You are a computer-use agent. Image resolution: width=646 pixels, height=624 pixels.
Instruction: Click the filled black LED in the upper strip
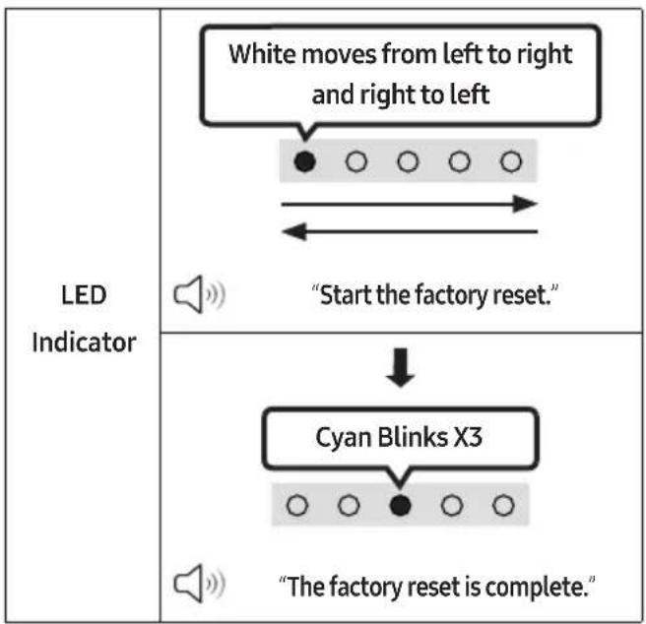click(x=305, y=161)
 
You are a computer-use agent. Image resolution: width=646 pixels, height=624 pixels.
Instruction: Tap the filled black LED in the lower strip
click(x=400, y=505)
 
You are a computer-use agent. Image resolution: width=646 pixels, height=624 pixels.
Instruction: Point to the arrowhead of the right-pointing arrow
click(x=525, y=204)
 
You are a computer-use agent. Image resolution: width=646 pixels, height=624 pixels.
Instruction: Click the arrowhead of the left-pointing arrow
click(x=294, y=231)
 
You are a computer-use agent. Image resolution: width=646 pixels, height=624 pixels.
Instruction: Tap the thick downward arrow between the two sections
click(x=401, y=367)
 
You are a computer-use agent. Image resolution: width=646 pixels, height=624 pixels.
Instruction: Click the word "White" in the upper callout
click(x=262, y=54)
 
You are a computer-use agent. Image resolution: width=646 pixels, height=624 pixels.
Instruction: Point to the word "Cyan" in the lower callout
click(x=343, y=437)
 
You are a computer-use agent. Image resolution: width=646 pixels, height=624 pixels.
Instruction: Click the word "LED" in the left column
click(x=84, y=295)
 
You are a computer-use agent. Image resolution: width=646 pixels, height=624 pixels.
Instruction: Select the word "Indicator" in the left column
click(x=84, y=343)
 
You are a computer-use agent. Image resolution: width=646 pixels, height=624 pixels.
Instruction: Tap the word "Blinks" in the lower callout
click(x=413, y=437)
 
